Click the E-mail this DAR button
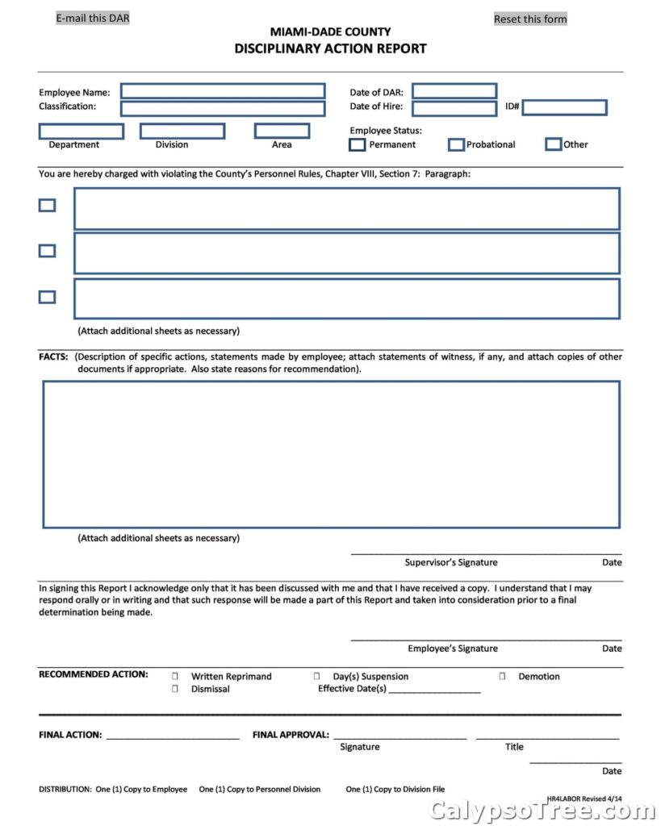[x=92, y=18]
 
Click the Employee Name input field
[x=223, y=91]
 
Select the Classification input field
[x=223, y=108]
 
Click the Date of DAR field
[x=454, y=91]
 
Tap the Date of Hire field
[x=454, y=108]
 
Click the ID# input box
[x=564, y=107]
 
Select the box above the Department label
[x=82, y=131]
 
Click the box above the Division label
[x=182, y=131]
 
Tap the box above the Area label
[x=282, y=131]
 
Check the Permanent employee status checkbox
[x=357, y=144]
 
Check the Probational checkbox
[x=456, y=144]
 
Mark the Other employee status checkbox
[x=553, y=144]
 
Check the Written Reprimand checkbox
[x=175, y=676]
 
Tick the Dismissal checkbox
[x=175, y=689]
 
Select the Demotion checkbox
[x=502, y=676]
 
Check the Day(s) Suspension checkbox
[x=316, y=676]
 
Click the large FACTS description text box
[x=331, y=454]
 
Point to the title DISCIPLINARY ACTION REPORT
[x=330, y=48]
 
